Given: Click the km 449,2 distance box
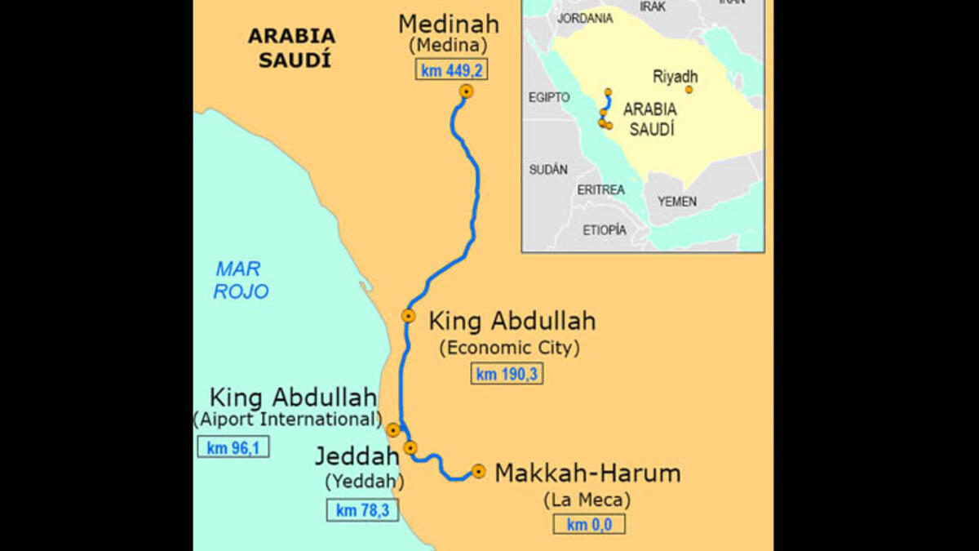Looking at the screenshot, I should (452, 70).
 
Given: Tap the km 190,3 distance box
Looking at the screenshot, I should (507, 375).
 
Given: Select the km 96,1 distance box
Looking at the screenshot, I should (233, 447).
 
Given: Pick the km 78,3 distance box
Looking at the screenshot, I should (362, 510).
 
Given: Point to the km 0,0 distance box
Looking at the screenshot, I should (589, 524).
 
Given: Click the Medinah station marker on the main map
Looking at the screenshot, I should (467, 92).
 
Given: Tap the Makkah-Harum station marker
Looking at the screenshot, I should (478, 471).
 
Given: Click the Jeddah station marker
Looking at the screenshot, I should (410, 447).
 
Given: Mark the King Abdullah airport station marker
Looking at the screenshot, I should (393, 430).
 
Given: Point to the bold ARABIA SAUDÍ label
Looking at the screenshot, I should (291, 47).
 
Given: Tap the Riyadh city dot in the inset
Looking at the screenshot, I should (689, 90).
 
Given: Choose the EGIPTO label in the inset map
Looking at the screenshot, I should (549, 97).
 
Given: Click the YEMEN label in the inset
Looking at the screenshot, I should (677, 201).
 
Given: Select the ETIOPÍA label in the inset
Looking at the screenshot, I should (605, 230).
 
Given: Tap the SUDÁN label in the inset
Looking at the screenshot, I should (548, 170).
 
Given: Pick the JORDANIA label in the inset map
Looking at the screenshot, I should (584, 17).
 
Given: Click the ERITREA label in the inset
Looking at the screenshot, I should (600, 189).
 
